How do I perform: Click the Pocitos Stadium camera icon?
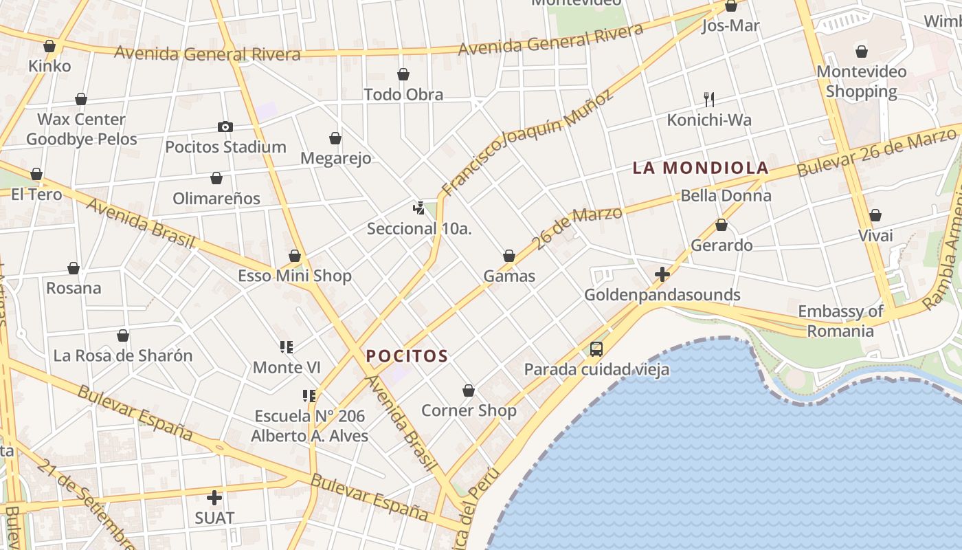click(x=225, y=126)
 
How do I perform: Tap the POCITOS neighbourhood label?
click(x=407, y=356)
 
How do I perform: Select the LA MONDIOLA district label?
click(x=700, y=168)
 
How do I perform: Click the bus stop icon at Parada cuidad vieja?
click(x=596, y=349)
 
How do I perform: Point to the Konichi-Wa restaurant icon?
click(x=709, y=100)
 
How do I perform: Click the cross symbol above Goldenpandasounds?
click(x=662, y=275)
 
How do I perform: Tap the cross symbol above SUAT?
click(x=214, y=498)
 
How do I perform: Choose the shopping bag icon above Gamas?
click(x=509, y=256)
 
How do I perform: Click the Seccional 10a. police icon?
click(x=418, y=208)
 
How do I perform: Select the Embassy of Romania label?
click(x=840, y=321)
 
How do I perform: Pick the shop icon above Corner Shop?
click(x=469, y=390)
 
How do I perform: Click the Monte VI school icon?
click(x=287, y=347)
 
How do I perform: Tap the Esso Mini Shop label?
click(x=294, y=276)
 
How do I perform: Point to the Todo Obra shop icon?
click(x=403, y=74)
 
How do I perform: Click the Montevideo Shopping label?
click(x=861, y=81)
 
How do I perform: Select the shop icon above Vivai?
click(x=875, y=216)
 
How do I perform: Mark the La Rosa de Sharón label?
click(x=123, y=355)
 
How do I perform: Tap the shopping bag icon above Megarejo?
click(x=335, y=139)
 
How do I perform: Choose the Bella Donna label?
click(x=726, y=196)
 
